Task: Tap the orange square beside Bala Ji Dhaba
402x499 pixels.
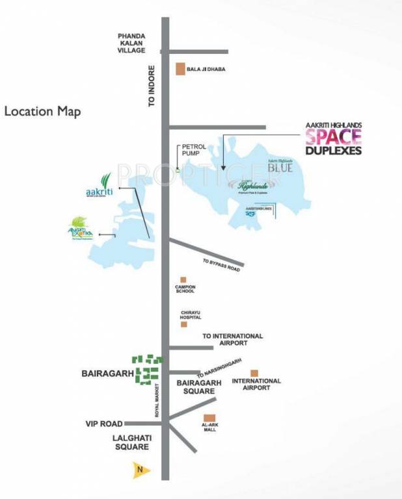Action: (181, 68)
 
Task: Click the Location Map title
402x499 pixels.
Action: (43, 111)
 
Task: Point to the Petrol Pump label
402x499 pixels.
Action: (193, 151)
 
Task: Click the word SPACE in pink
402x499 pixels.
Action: (333, 137)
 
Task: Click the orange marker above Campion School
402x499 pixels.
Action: (183, 279)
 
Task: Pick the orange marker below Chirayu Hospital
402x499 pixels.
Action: (184, 324)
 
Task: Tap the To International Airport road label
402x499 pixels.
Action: (232, 339)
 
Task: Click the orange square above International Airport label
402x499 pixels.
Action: (255, 373)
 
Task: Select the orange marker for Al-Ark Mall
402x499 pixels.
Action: (209, 418)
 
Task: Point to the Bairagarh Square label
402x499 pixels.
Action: (196, 387)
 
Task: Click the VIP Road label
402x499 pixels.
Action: (104, 424)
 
